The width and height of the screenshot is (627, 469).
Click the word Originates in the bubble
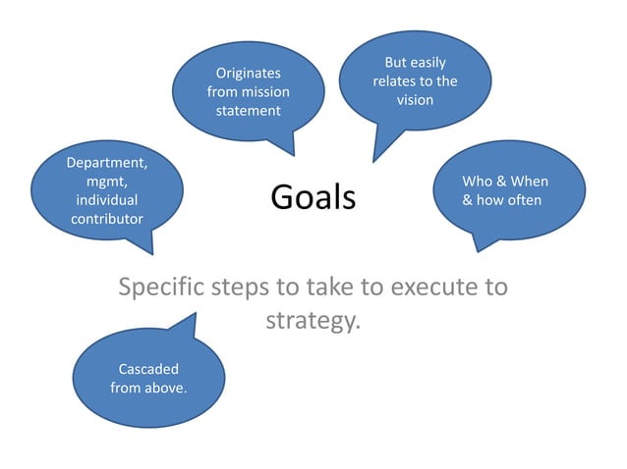[x=249, y=73]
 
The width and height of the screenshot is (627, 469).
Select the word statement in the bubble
[x=249, y=110]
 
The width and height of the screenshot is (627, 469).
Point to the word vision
[x=415, y=99]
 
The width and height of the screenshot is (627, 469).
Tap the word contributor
[x=107, y=218]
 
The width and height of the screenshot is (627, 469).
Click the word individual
[x=107, y=199]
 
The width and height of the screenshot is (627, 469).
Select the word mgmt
[x=107, y=181]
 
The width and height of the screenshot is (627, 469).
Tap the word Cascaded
[x=148, y=369]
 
